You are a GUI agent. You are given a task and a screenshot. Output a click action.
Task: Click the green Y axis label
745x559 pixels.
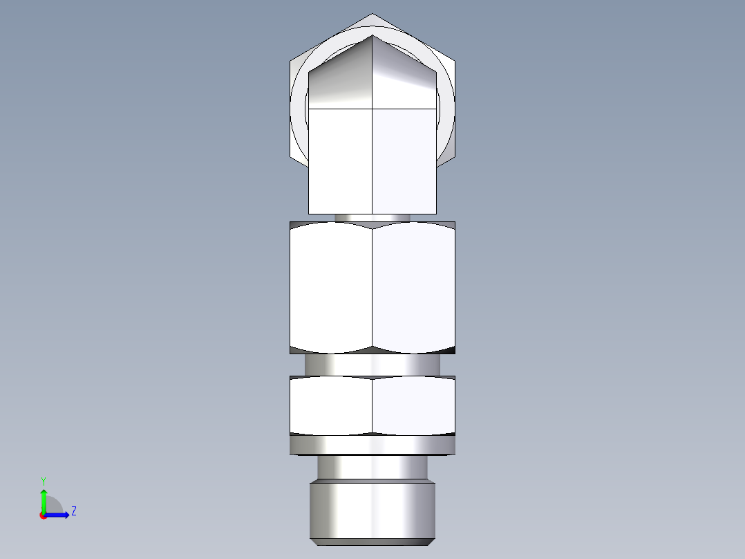pos(43,480)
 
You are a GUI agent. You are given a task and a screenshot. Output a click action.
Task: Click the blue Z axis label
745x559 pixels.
pos(73,511)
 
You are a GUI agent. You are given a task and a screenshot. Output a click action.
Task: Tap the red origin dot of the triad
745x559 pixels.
pos(43,515)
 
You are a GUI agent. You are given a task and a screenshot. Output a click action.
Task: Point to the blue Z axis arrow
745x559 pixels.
pos(59,515)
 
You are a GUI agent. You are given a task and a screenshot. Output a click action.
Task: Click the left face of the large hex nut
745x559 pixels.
pos(331,287)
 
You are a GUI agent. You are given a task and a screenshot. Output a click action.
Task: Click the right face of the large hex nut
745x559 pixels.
pos(413,287)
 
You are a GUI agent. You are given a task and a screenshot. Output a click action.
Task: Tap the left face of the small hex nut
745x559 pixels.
pos(331,406)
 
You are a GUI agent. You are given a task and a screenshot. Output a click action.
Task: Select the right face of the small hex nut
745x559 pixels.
pos(413,406)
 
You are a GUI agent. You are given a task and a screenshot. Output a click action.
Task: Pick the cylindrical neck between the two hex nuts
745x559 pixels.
pos(372,364)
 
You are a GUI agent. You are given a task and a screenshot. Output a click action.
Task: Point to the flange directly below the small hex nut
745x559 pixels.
pos(372,445)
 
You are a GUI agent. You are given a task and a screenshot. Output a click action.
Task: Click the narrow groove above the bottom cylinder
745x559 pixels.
pos(372,468)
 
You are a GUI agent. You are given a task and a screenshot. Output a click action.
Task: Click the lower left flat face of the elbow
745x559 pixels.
pos(340,161)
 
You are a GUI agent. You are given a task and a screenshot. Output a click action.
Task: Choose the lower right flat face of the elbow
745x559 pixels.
pos(404,161)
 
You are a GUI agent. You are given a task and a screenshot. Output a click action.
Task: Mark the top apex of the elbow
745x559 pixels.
pos(372,36)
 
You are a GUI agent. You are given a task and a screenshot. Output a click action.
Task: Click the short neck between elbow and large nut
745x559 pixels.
pos(372,217)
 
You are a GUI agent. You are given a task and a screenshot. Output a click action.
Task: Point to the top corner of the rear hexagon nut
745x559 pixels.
pos(372,15)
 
